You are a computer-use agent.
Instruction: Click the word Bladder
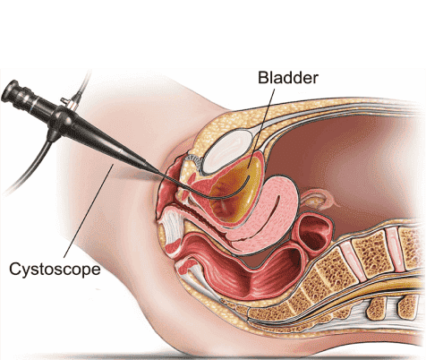click(288, 78)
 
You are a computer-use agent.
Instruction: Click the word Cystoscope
click(55, 269)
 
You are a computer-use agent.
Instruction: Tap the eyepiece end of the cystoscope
click(9, 90)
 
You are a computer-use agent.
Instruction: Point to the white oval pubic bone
click(228, 151)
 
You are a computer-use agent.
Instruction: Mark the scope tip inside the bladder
click(250, 178)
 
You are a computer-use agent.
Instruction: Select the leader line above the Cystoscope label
click(89, 210)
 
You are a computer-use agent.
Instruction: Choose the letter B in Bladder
click(262, 78)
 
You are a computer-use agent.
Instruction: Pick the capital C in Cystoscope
click(14, 269)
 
